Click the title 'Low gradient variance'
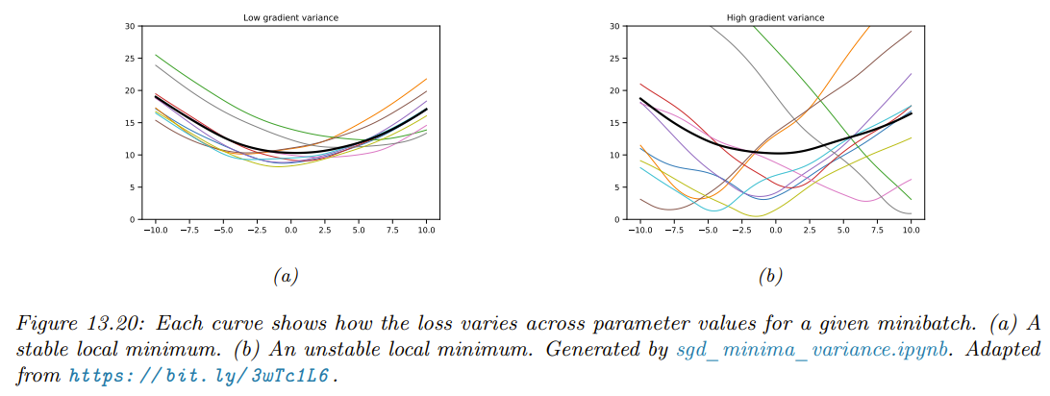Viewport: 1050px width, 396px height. [x=291, y=17]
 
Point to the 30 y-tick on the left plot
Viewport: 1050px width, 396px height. [x=129, y=25]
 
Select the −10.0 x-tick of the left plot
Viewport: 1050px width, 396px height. [x=154, y=231]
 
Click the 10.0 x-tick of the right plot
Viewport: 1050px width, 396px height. [x=911, y=231]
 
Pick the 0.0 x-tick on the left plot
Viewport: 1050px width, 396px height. [x=290, y=231]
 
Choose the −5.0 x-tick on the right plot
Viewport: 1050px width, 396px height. [x=706, y=231]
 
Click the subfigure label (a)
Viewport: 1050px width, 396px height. [x=285, y=277]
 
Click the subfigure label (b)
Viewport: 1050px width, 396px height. [x=770, y=277]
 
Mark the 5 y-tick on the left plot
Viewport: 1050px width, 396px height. [x=131, y=187]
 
